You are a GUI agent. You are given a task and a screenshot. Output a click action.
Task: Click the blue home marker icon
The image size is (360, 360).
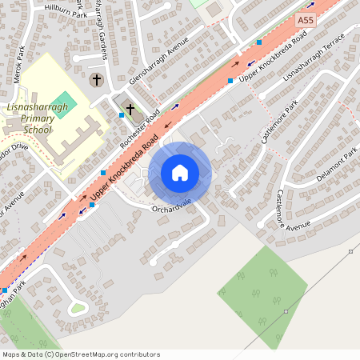pos(180,173)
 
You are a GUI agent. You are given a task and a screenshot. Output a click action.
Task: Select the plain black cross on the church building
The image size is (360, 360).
pos(130,107)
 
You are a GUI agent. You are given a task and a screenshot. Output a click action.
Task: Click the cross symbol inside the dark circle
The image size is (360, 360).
pos(97,79)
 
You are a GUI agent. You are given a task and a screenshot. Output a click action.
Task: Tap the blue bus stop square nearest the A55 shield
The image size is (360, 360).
pos(259,42)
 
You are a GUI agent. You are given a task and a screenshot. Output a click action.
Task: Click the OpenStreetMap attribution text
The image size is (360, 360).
pos(80,354)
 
